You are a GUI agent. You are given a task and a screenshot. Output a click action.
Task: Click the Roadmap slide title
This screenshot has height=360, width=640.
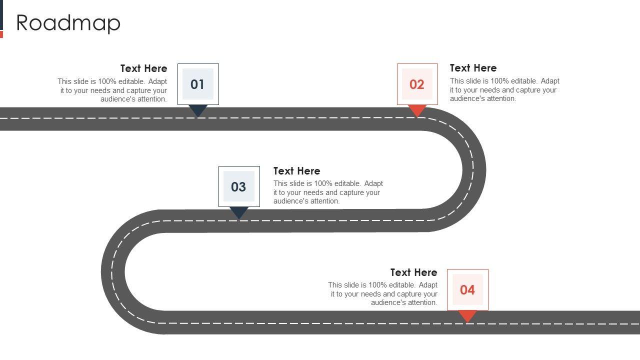68,23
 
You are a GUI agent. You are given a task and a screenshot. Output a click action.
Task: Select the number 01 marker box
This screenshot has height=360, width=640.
198,84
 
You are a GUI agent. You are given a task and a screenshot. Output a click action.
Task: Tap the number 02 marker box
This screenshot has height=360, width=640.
417,84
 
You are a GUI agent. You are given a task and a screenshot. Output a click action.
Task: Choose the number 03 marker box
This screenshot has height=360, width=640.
239,186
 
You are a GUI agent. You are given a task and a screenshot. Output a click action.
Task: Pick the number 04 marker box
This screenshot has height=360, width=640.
467,289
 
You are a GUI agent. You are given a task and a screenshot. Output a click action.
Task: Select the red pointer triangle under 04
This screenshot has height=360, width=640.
467,315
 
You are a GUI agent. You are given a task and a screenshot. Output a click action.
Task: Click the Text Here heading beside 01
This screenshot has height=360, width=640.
143,68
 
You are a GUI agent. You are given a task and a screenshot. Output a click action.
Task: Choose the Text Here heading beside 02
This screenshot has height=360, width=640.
473,68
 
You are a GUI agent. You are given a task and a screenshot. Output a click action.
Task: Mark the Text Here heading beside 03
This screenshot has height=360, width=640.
296,171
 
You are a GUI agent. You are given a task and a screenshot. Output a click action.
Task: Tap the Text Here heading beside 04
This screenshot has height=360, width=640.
413,272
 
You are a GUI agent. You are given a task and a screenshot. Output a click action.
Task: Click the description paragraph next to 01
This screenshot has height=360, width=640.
112,90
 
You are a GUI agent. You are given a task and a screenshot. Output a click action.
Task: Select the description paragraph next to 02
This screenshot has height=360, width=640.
504,90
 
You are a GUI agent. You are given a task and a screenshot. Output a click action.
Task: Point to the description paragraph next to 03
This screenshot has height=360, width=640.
327,192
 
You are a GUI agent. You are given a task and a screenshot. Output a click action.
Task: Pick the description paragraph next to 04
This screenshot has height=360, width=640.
383,294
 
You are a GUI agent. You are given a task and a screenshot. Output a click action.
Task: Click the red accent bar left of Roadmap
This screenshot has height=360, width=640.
1,34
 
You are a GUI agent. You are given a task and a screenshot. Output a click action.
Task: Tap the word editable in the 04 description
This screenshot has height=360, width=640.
402,285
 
